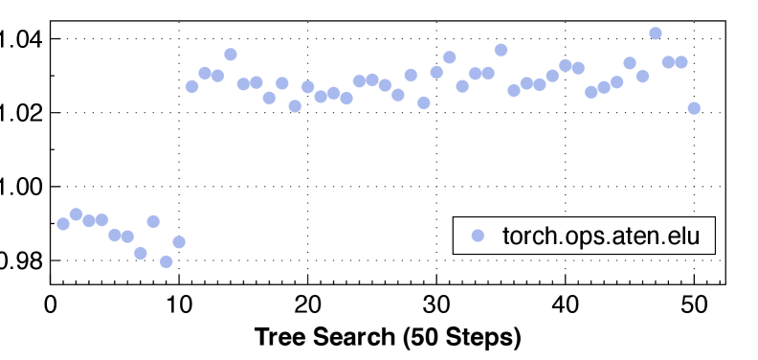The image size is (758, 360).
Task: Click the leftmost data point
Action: (63, 224)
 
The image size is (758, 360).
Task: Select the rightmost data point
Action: (694, 108)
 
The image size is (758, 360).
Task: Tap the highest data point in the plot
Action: (656, 33)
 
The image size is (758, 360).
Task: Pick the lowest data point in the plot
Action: (167, 261)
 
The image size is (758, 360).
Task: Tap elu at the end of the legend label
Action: (685, 236)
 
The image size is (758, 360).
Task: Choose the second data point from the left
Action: (77, 214)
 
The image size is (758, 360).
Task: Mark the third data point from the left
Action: (89, 220)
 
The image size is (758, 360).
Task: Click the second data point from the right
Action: (681, 62)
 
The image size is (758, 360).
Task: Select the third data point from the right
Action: (668, 62)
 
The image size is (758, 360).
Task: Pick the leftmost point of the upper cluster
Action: (191, 86)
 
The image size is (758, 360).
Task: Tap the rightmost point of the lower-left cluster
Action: (179, 242)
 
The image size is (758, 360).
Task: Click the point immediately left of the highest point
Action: (642, 77)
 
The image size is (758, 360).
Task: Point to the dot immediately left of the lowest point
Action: (153, 221)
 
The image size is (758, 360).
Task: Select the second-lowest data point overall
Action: (141, 254)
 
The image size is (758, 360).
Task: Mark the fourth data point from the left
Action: (102, 220)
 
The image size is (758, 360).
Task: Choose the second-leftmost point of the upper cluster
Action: (205, 72)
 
